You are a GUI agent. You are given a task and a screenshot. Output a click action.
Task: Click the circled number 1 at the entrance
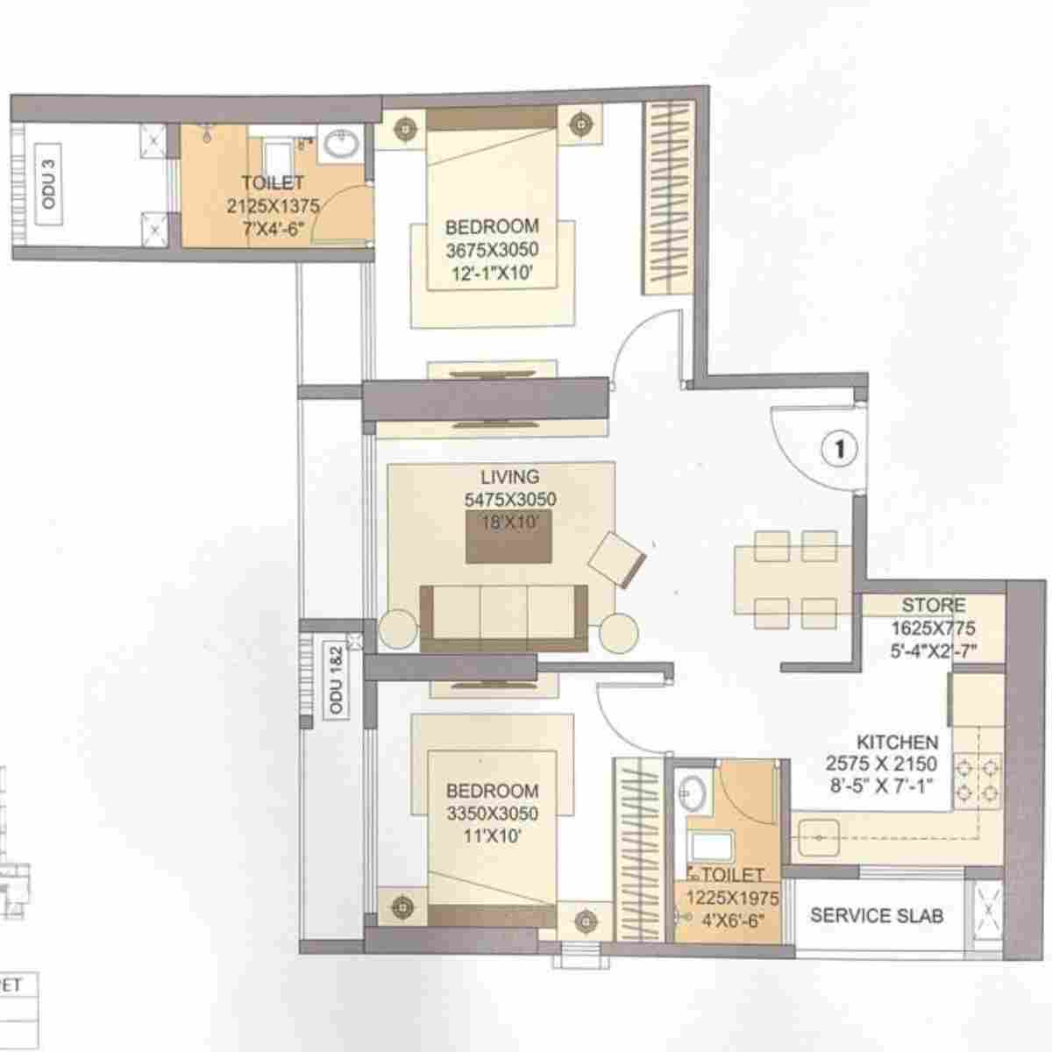click(839, 449)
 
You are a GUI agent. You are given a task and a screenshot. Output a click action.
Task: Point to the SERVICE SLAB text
click(877, 916)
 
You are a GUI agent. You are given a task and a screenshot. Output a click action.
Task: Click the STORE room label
click(934, 606)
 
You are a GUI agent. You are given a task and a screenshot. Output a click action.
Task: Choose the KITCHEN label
click(897, 743)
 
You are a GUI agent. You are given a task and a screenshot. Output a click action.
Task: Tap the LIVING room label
click(509, 478)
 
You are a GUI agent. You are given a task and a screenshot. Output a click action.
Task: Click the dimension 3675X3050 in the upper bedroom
click(493, 251)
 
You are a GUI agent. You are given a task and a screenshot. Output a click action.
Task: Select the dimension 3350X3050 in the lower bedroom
click(492, 814)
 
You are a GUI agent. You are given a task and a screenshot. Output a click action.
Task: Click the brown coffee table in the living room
click(508, 537)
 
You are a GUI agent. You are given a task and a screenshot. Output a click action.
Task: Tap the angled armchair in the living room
click(619, 559)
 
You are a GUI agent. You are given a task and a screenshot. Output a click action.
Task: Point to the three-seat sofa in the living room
click(505, 618)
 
